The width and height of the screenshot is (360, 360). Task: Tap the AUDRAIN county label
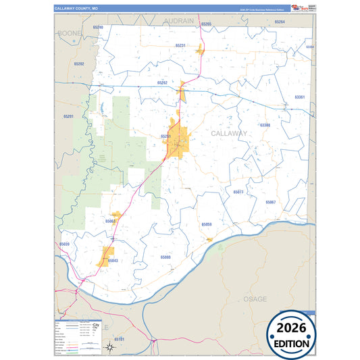(x=179, y=21)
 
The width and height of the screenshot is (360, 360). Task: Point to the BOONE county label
(x=70, y=32)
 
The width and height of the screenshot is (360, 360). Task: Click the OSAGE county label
(x=256, y=298)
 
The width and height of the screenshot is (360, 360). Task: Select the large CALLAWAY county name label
(x=230, y=133)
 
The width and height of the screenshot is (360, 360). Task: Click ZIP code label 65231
(x=180, y=45)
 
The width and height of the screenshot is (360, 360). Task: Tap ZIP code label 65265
(x=206, y=24)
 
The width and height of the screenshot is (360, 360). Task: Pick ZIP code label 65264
(x=280, y=22)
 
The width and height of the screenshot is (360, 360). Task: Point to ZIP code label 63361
(x=300, y=97)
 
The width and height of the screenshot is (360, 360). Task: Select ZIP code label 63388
(x=265, y=125)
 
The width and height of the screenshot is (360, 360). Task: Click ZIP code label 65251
(x=166, y=136)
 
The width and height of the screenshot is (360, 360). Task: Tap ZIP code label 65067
(x=270, y=202)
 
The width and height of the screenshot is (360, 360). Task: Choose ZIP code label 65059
(x=207, y=224)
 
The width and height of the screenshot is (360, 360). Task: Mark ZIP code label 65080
(x=165, y=257)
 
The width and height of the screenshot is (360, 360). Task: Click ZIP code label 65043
(x=113, y=260)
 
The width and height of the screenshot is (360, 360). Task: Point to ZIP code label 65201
(x=68, y=117)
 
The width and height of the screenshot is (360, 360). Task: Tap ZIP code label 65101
(x=119, y=337)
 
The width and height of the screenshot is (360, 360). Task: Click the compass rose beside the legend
(x=111, y=347)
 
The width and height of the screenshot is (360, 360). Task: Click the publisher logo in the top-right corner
(x=301, y=8)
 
